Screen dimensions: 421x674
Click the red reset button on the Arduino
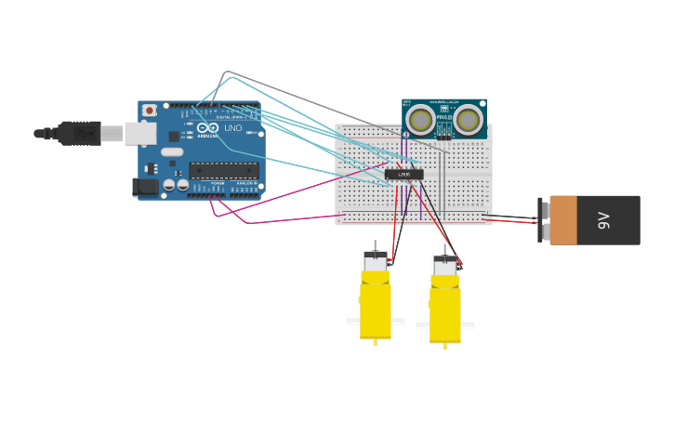click(149, 110)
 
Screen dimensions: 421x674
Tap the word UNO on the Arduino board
click(232, 128)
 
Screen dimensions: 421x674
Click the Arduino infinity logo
click(207, 128)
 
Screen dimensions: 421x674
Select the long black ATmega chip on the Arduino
click(224, 170)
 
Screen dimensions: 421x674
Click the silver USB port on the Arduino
click(140, 134)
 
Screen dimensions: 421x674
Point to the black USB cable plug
click(79, 133)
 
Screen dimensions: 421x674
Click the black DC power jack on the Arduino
click(145, 187)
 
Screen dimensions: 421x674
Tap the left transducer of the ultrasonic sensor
click(421, 120)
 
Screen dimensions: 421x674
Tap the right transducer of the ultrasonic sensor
click(468, 119)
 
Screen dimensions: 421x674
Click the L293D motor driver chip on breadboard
click(404, 174)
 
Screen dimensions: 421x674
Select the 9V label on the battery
click(603, 220)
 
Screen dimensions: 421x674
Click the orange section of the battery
click(563, 220)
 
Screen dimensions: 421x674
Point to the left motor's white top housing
click(376, 263)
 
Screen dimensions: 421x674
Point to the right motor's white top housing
click(444, 267)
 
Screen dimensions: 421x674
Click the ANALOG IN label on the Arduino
click(246, 184)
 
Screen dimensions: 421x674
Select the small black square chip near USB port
click(174, 136)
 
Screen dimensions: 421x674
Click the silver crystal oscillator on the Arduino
click(172, 151)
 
